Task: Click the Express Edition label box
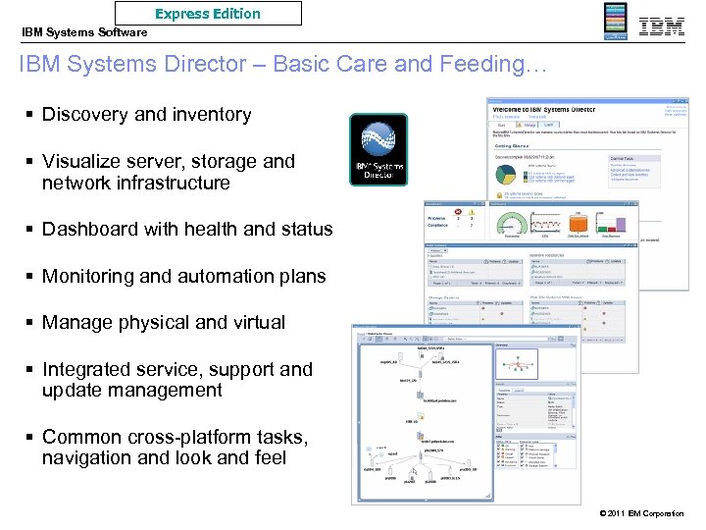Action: click(208, 14)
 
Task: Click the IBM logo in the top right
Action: click(662, 26)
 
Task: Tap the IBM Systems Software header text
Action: click(84, 32)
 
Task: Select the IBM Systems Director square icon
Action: click(378, 149)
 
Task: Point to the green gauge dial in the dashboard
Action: click(511, 221)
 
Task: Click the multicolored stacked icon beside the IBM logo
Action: click(615, 22)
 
